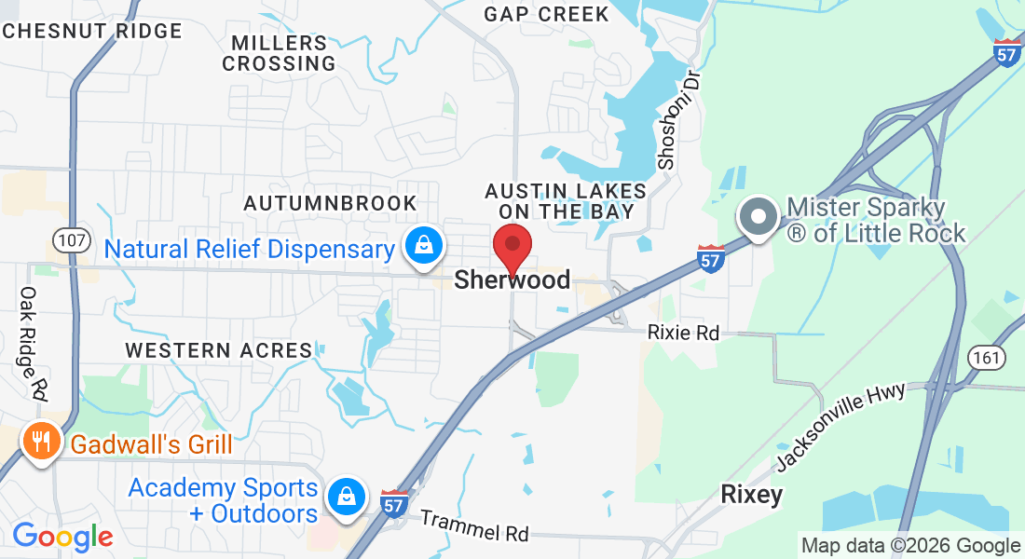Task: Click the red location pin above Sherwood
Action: pyautogui.click(x=512, y=246)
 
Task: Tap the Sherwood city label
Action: pyautogui.click(x=512, y=280)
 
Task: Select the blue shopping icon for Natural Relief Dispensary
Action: pyautogui.click(x=424, y=246)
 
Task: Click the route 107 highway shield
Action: pyautogui.click(x=72, y=241)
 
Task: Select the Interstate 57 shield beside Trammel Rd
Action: pyautogui.click(x=395, y=504)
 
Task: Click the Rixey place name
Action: pyautogui.click(x=751, y=495)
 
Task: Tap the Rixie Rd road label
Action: pyautogui.click(x=684, y=333)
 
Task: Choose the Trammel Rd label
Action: pyautogui.click(x=473, y=525)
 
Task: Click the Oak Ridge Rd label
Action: pyautogui.click(x=32, y=344)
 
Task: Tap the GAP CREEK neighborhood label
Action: pyautogui.click(x=546, y=14)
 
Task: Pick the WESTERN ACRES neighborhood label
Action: pyautogui.click(x=219, y=350)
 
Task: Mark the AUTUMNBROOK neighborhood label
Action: pyautogui.click(x=330, y=203)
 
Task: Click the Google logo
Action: pyautogui.click(x=62, y=536)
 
